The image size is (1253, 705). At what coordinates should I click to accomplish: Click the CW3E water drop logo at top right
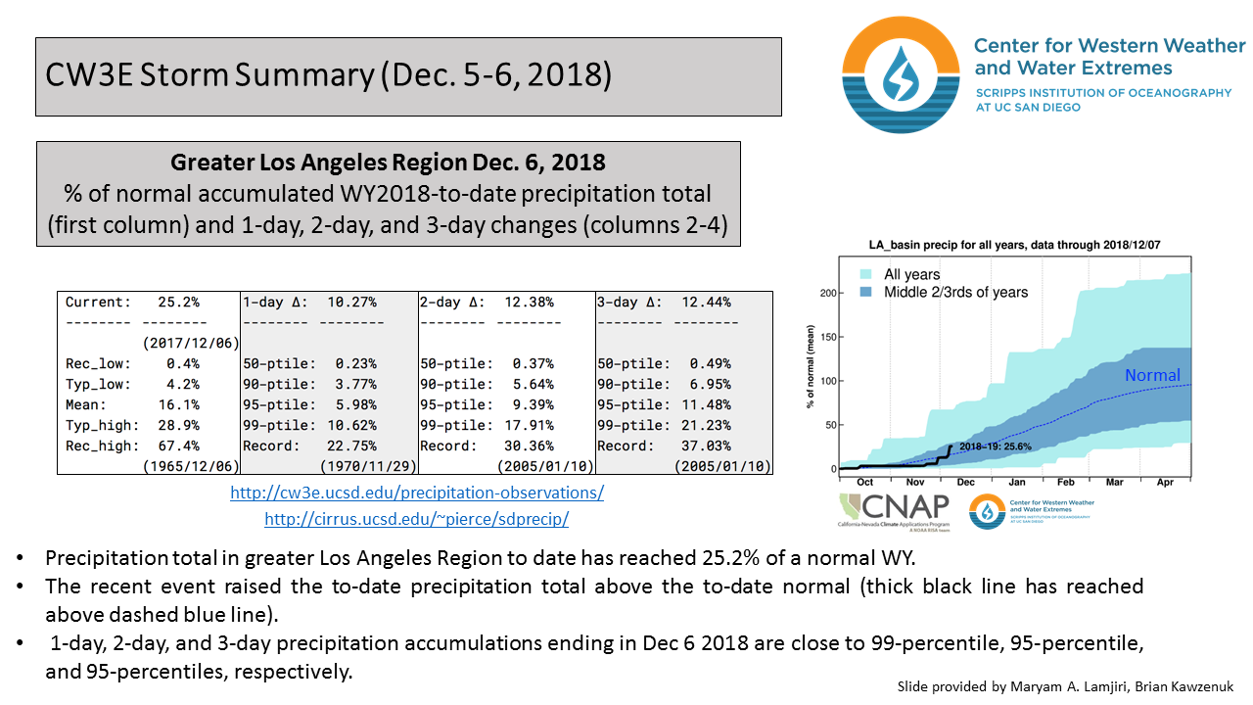coord(902,74)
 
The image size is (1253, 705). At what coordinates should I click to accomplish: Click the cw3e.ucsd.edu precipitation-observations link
coord(417,493)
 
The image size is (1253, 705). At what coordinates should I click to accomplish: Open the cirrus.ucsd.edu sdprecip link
coord(416,520)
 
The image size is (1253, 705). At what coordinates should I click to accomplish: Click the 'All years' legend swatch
coord(865,275)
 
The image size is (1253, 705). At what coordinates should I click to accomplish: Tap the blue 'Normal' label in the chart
coord(1152,376)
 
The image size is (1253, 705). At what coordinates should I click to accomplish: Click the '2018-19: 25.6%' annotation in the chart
coord(995,446)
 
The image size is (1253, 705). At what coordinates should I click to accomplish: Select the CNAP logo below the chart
coord(894,510)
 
